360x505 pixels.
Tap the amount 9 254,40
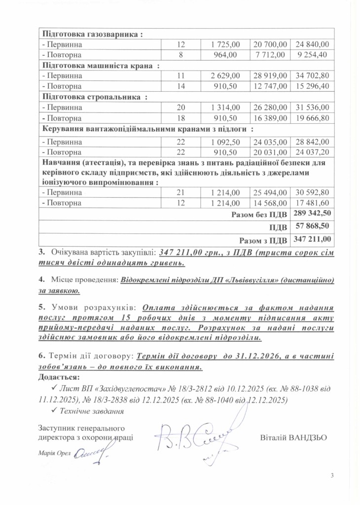(312, 55)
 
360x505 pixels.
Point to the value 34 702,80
(312, 76)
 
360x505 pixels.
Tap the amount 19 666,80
(312, 118)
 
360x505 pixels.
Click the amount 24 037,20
(312, 152)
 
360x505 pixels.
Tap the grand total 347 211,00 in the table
(312, 240)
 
